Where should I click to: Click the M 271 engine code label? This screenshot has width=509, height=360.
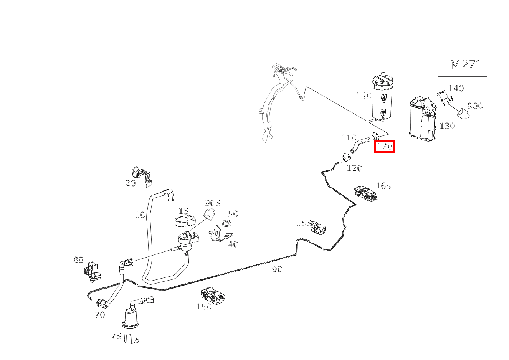[x=466, y=64]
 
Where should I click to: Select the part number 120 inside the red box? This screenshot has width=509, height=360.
[x=385, y=146]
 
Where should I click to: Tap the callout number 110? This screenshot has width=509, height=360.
[x=349, y=138]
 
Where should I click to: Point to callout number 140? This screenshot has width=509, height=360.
[x=456, y=88]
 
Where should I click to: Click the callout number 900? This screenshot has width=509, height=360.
[x=475, y=106]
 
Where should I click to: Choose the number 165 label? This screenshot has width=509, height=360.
[x=383, y=186]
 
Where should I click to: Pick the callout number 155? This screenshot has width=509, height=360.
[x=304, y=223]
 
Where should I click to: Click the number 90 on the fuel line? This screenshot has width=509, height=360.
[x=277, y=269]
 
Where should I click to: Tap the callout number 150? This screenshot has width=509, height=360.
[x=203, y=307]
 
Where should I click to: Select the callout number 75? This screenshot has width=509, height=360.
[x=116, y=336]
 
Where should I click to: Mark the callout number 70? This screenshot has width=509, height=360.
[x=100, y=315]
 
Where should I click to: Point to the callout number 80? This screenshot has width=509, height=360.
[x=78, y=260]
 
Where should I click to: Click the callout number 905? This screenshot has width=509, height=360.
[x=212, y=203]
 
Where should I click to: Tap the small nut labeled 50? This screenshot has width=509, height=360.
[x=226, y=223]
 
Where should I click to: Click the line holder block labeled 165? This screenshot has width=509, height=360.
[x=366, y=194]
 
